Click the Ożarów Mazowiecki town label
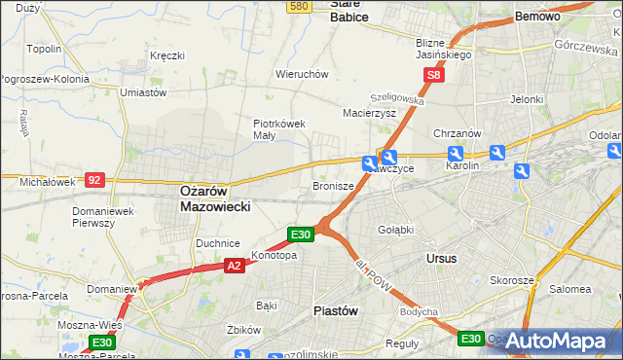tap(216, 199)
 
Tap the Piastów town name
tap(337, 310)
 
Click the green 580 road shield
tap(299, 6)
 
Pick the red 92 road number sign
tap(94, 180)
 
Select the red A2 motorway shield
tap(234, 265)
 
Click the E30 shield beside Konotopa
tap(301, 234)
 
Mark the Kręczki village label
tap(167, 55)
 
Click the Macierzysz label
tap(369, 113)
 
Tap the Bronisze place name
tap(332, 185)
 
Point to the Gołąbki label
tap(395, 230)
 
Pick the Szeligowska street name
tap(396, 99)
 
